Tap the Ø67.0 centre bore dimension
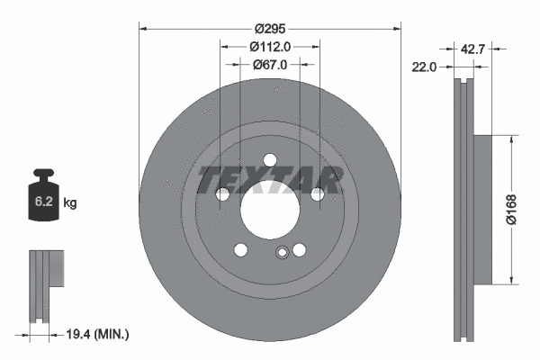pos(270,65)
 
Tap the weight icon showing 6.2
pos(43,200)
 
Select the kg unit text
pos(71,203)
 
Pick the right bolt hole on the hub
pos(317,193)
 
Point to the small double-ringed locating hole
pos(283,254)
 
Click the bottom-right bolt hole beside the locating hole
pos(299,251)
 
